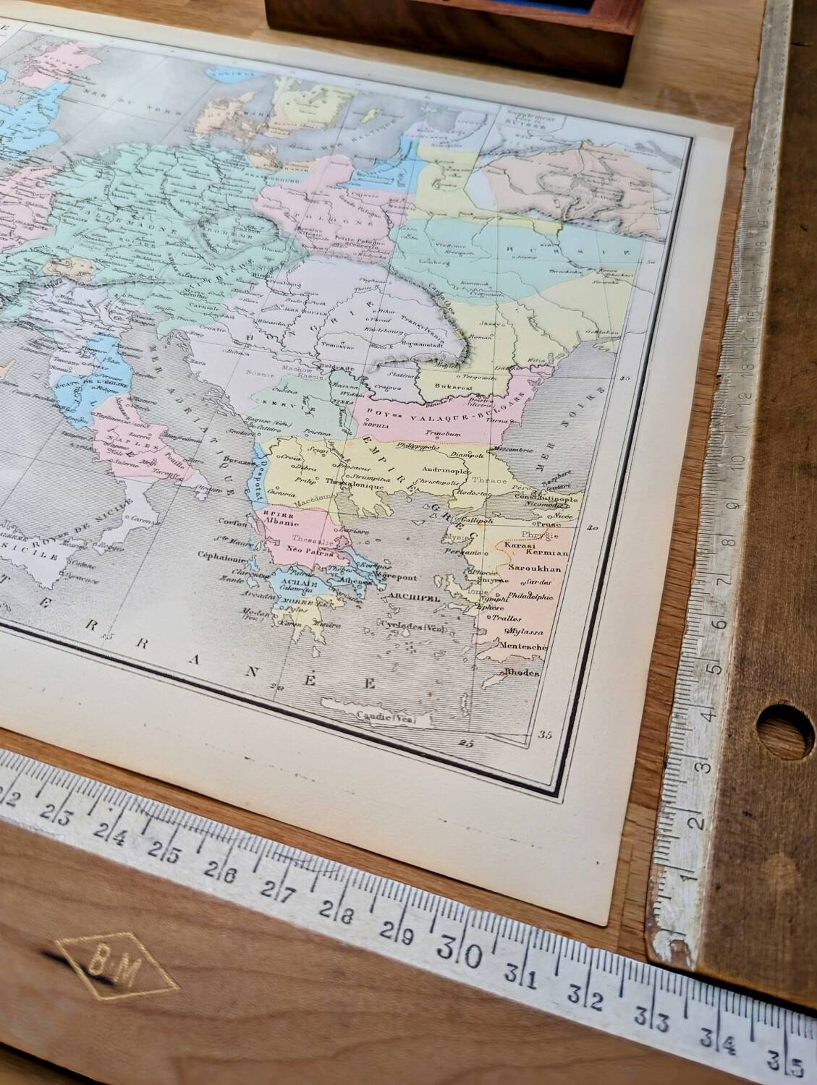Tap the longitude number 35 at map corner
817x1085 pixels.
(x=545, y=735)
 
